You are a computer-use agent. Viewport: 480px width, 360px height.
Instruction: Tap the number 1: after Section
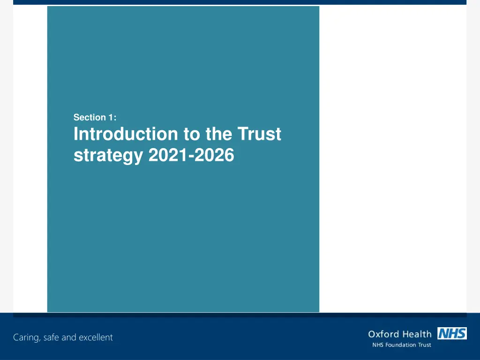click(x=111, y=118)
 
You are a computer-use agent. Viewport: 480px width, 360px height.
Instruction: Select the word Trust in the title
click(x=259, y=135)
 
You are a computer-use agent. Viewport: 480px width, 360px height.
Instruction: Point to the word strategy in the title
click(x=108, y=156)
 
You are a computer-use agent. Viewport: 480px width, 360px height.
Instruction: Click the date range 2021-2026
click(x=191, y=155)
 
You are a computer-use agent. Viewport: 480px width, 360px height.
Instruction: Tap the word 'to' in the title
click(x=192, y=135)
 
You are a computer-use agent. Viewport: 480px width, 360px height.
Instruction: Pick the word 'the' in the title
click(x=219, y=135)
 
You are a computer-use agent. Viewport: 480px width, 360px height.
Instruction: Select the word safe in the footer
click(x=51, y=337)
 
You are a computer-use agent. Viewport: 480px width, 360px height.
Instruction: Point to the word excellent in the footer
click(x=96, y=337)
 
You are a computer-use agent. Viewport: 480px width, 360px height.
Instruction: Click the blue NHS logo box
click(x=452, y=333)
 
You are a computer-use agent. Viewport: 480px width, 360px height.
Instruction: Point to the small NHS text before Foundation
click(x=377, y=345)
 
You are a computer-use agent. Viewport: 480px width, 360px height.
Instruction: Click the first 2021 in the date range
click(x=166, y=155)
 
